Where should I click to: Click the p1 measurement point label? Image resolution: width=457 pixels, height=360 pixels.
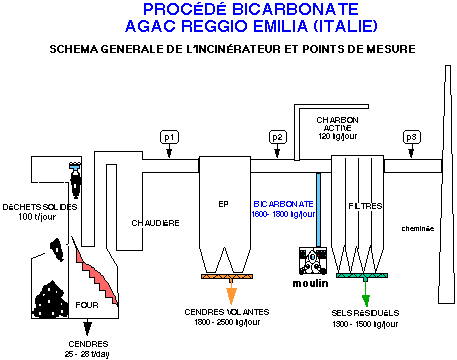click(x=169, y=136)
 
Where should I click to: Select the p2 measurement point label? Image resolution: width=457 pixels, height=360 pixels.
click(x=278, y=136)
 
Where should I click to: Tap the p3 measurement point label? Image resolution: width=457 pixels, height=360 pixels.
click(x=411, y=136)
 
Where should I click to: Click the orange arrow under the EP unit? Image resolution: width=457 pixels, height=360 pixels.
click(x=233, y=293)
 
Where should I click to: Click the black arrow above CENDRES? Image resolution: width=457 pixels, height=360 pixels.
click(x=91, y=326)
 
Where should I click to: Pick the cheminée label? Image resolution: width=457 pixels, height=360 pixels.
click(x=418, y=228)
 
